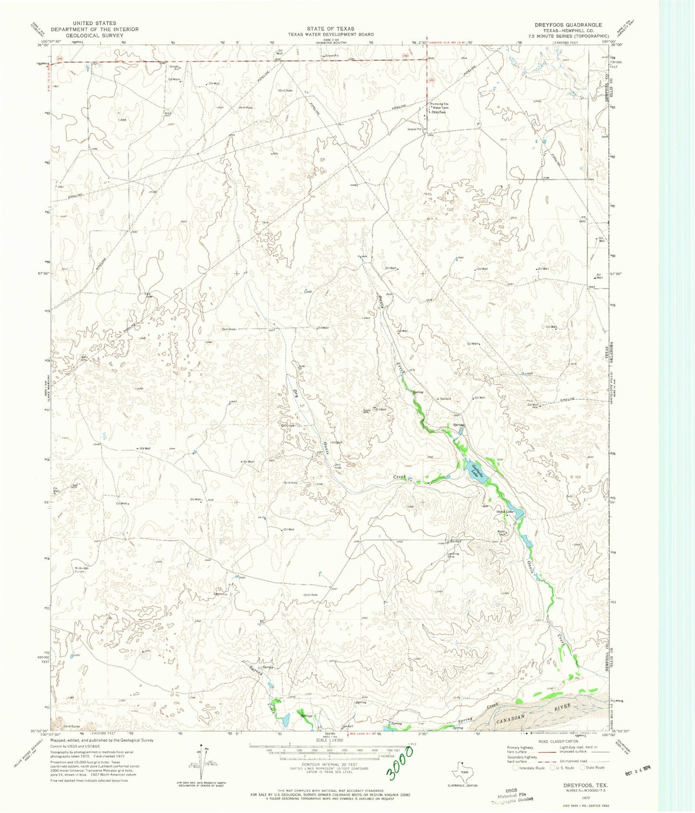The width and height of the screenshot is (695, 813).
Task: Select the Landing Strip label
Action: click(453, 555)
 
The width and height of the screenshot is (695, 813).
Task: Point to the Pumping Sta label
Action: click(440, 104)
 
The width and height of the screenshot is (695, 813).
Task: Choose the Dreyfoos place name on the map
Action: click(439, 112)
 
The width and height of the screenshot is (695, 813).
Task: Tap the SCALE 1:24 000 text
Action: click(330, 740)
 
